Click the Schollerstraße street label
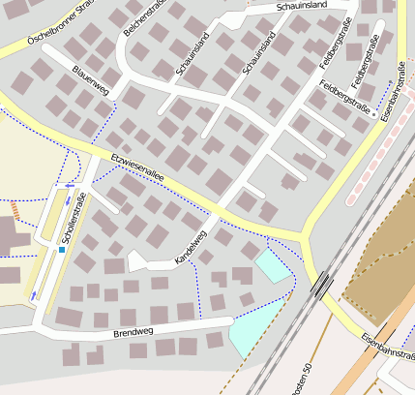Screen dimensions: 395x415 click(x=69, y=218)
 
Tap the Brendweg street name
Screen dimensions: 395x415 click(x=132, y=332)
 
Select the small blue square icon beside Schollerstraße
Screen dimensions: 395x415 click(x=62, y=250)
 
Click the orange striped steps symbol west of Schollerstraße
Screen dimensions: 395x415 click(x=15, y=209)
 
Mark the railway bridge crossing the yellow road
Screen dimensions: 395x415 click(x=322, y=284)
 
